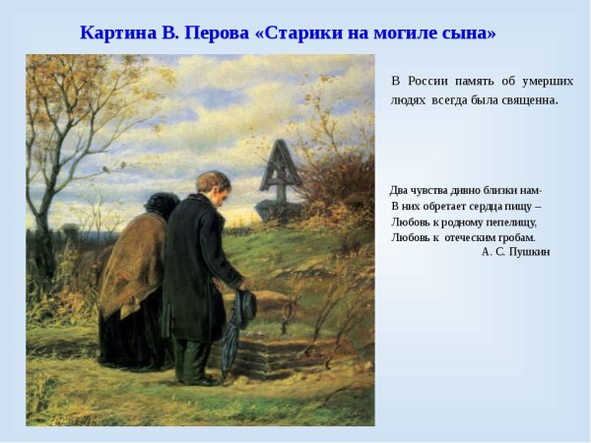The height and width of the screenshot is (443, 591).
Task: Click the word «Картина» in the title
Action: point(114,32)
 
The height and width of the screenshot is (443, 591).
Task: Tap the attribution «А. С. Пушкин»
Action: point(515,252)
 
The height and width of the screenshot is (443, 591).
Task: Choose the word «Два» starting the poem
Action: point(399,190)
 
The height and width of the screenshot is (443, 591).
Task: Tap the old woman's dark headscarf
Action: point(162,205)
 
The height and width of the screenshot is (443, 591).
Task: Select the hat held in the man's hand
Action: point(245,306)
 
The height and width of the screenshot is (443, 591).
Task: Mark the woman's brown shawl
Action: point(131,261)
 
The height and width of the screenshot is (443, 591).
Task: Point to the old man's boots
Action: point(191,377)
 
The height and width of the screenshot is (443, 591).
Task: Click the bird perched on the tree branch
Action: point(106,169)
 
